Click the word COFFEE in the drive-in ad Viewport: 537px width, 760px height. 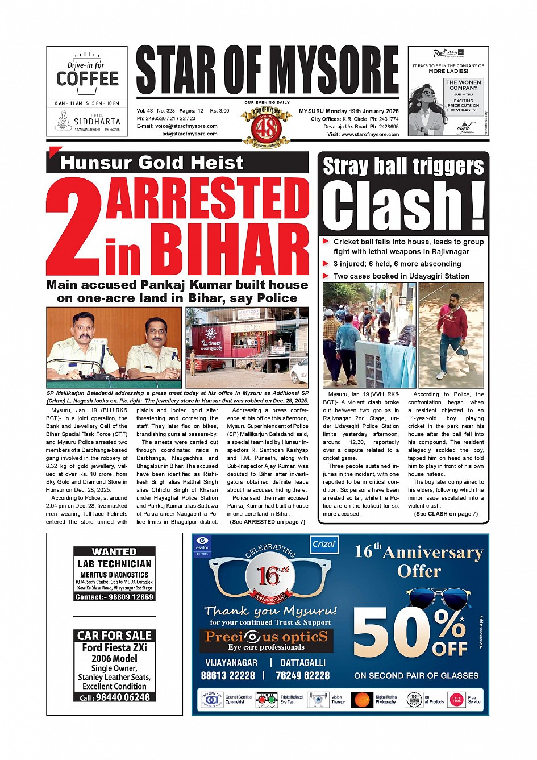point(88,78)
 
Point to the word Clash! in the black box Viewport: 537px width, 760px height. point(403,206)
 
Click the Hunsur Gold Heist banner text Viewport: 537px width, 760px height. point(151,163)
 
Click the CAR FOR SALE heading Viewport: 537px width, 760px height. point(114,636)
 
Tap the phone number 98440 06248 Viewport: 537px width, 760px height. point(122,697)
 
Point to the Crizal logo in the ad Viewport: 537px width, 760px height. point(324,544)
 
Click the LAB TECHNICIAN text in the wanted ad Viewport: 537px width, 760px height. point(114,564)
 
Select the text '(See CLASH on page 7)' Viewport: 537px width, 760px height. point(446,514)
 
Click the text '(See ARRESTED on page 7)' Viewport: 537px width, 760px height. point(267,522)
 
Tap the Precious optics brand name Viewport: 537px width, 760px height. point(266,637)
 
